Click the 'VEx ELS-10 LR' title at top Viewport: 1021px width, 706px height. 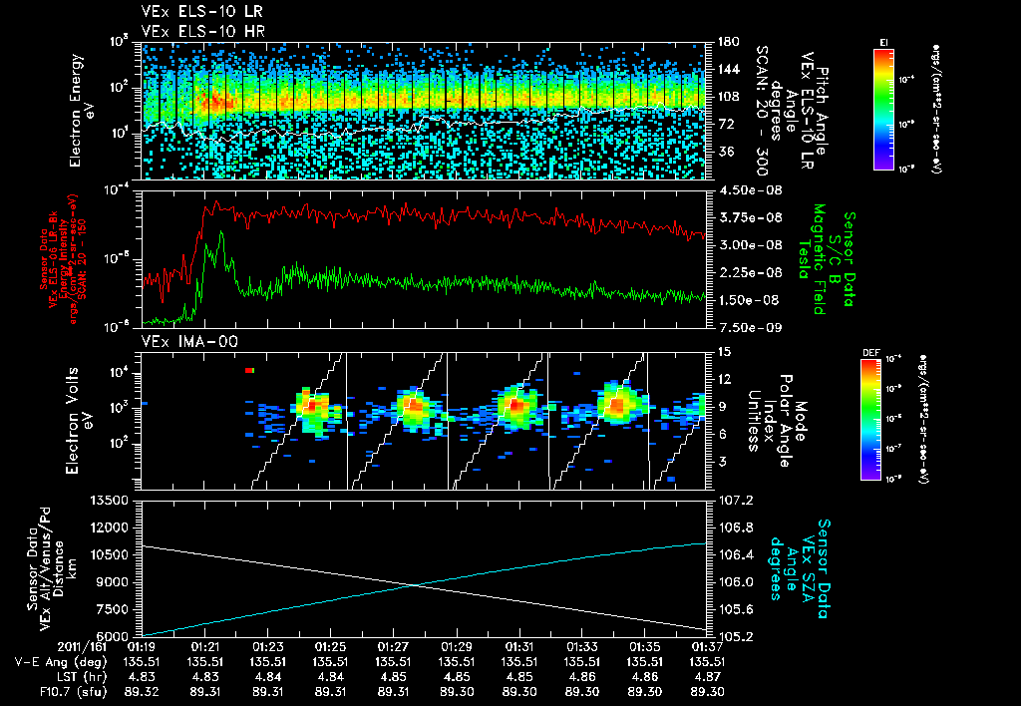(188, 13)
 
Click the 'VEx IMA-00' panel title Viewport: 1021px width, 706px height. (177, 342)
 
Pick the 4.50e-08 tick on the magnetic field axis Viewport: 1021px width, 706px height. (741, 189)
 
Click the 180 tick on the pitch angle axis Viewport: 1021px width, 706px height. (727, 42)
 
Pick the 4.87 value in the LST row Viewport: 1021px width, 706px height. (708, 674)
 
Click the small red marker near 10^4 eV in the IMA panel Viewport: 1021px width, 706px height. (250, 371)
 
